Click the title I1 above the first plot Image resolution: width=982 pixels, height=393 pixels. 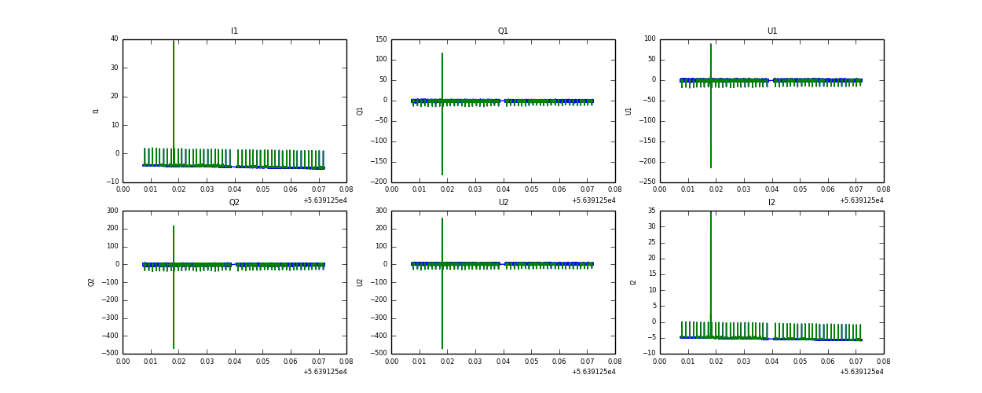coord(234,31)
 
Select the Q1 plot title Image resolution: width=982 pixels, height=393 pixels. coord(503,31)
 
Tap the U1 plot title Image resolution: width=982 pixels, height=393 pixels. coord(771,31)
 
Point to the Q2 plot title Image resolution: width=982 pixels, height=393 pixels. coord(234,203)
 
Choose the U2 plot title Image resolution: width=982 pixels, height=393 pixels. coord(503,203)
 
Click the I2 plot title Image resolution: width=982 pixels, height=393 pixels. coord(771,203)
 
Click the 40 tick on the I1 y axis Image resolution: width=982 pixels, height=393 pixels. coord(114,39)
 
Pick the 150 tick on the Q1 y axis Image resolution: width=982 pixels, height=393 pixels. coord(380,39)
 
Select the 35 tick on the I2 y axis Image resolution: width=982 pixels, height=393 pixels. coord(651,211)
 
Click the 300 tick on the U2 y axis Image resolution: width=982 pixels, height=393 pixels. coord(380,211)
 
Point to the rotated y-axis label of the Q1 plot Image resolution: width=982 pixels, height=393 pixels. coord(361,111)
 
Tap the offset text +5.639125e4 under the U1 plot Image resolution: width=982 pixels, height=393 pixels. coord(862,200)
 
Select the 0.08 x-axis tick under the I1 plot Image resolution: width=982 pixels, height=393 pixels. coord(346,189)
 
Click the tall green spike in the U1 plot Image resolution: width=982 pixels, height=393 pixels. coord(711,118)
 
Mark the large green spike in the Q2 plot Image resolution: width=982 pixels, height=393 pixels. coord(174,299)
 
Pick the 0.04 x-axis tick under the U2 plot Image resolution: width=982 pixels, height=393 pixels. coord(504,361)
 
